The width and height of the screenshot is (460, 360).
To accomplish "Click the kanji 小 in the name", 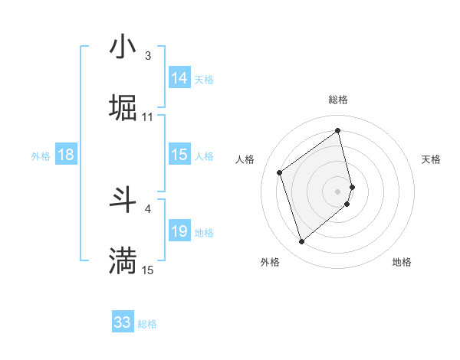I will coord(123,47).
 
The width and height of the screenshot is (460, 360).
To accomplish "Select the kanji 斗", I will coord(123,200).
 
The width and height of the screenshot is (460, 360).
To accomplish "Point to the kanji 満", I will coord(123,260).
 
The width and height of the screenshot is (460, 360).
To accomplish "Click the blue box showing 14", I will coord(179,78).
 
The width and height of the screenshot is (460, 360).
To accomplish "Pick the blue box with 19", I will coord(179,231).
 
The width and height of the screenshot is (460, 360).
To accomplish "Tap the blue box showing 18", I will coord(66,155).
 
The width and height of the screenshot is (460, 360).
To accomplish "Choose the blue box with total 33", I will coord(123,322).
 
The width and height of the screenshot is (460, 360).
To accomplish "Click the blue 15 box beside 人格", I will coord(179,155).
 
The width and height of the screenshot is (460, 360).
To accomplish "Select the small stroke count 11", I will coord(148,117).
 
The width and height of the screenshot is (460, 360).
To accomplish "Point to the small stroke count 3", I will coord(148,56).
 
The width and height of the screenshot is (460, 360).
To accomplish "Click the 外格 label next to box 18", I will coord(41,156).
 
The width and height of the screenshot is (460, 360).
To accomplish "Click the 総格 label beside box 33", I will coord(147,324).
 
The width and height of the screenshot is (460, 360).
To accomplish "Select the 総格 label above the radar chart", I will coord(337,100).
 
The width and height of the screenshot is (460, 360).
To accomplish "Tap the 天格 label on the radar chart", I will coord(431,159).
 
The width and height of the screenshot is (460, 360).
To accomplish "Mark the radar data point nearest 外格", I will coord(301,242).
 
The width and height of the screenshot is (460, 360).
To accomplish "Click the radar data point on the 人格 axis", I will coord(280,172).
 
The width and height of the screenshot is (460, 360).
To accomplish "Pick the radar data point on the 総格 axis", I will coord(338,131).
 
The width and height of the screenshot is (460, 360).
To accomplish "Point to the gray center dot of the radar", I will coord(338,191).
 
